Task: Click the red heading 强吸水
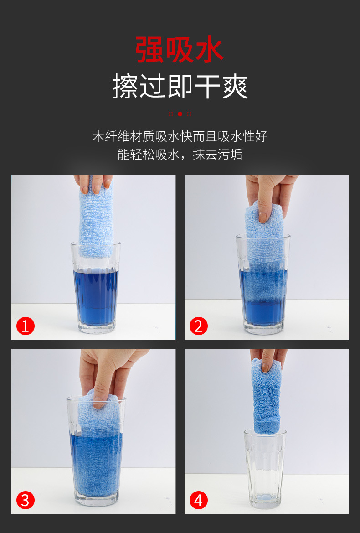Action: click(180, 50)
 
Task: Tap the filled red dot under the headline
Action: click(180, 114)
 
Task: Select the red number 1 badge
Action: click(26, 326)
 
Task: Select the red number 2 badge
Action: click(198, 326)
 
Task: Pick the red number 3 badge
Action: click(26, 500)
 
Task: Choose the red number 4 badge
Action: click(198, 500)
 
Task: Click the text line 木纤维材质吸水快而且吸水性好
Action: click(180, 136)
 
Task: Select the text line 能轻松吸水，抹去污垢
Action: click(180, 155)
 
